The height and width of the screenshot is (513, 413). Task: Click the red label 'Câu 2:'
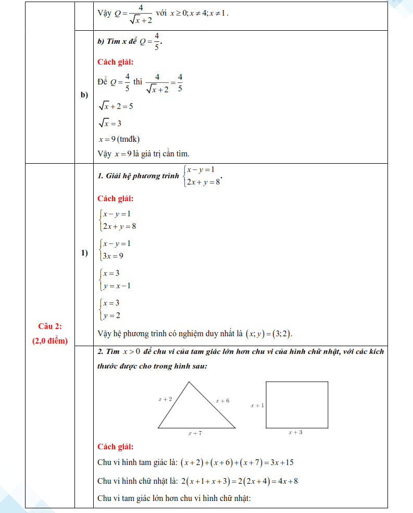click(50, 326)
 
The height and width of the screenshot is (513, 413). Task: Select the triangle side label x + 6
click(222, 400)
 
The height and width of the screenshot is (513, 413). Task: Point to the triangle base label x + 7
click(195, 433)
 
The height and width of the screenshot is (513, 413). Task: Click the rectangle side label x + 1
click(257, 405)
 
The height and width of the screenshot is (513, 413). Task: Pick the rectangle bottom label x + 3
click(295, 432)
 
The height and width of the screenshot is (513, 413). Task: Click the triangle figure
click(195, 409)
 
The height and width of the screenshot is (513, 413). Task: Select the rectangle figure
click(297, 405)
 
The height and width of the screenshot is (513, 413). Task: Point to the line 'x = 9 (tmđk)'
click(119, 139)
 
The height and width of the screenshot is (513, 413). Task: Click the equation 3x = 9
click(113, 256)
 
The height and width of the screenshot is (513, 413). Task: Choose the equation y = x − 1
click(117, 286)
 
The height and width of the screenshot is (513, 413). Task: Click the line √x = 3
click(110, 124)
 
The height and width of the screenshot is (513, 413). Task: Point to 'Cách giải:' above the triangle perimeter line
click(115, 447)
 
